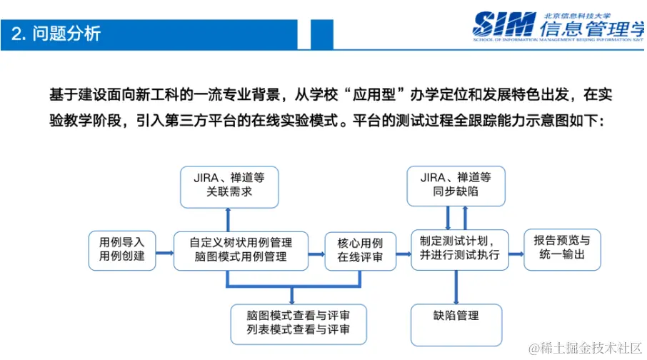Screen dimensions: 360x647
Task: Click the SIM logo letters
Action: click(x=503, y=25)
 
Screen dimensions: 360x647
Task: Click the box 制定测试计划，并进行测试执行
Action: click(x=460, y=249)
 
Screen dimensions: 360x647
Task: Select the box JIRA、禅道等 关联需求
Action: click(x=229, y=186)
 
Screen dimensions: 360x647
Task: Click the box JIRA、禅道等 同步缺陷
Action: click(x=456, y=186)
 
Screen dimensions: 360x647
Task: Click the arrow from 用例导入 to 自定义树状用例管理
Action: click(x=164, y=251)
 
